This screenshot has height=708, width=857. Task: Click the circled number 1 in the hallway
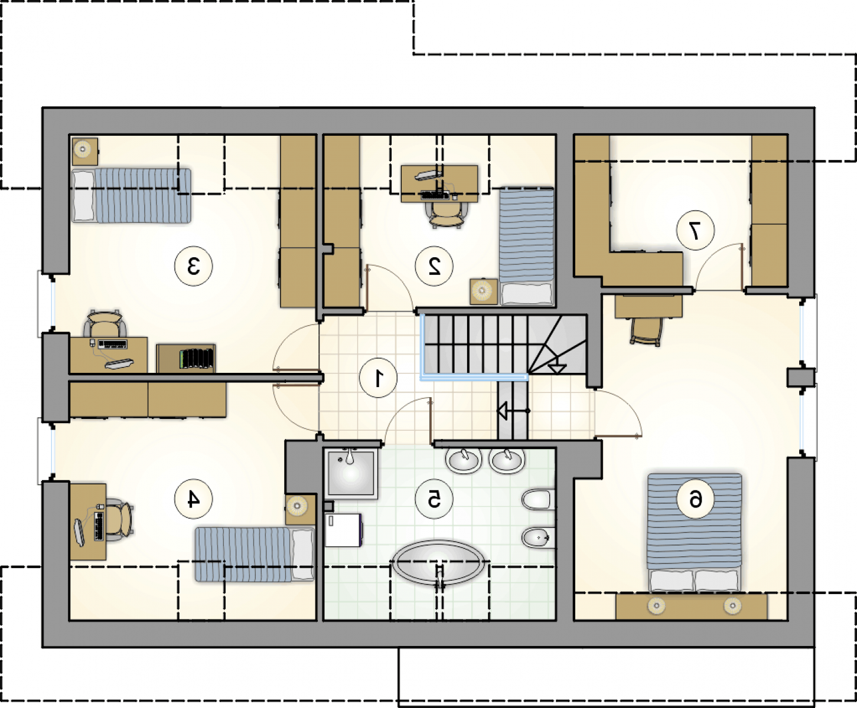coord(378,378)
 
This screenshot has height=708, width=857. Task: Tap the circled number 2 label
coord(434,266)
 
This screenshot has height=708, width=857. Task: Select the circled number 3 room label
coord(193,266)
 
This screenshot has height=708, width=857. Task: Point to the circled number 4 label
coord(193,499)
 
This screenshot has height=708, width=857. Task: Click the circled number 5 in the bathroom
coord(434,499)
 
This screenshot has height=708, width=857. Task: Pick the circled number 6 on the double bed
coord(695,499)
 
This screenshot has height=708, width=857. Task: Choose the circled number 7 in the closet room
coord(695,231)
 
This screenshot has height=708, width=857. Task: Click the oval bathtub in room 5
coord(438,563)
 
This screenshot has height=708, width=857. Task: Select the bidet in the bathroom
coord(538,537)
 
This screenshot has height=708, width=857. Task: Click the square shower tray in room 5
coord(351,474)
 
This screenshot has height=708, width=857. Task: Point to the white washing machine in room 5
coord(344,530)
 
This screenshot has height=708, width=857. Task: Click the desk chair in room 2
coord(446,214)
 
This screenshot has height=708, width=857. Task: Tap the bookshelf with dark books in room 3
coord(186,359)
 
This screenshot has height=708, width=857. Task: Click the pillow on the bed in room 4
coord(302,554)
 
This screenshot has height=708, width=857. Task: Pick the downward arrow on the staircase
coord(557,369)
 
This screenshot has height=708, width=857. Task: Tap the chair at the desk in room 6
coord(646,332)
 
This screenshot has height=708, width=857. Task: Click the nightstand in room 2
coord(484,291)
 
